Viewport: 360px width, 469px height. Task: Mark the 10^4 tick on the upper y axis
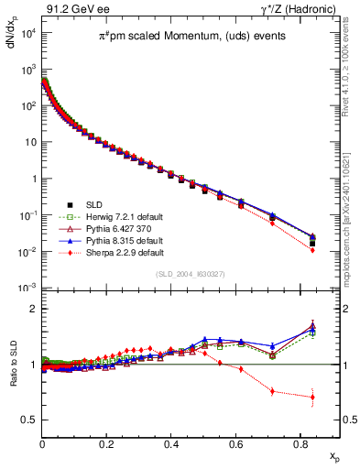click(x=27, y=34)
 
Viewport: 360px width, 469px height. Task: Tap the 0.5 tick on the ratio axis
click(x=28, y=420)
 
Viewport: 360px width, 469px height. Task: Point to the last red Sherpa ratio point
click(x=313, y=397)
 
